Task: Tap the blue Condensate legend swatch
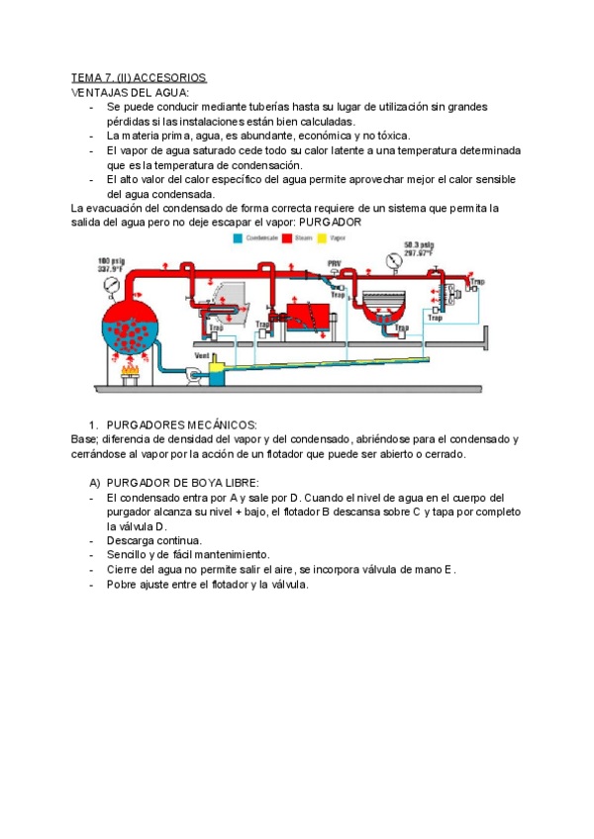pos(239,238)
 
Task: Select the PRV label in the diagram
pos(335,264)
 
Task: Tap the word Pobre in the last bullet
pos(123,584)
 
